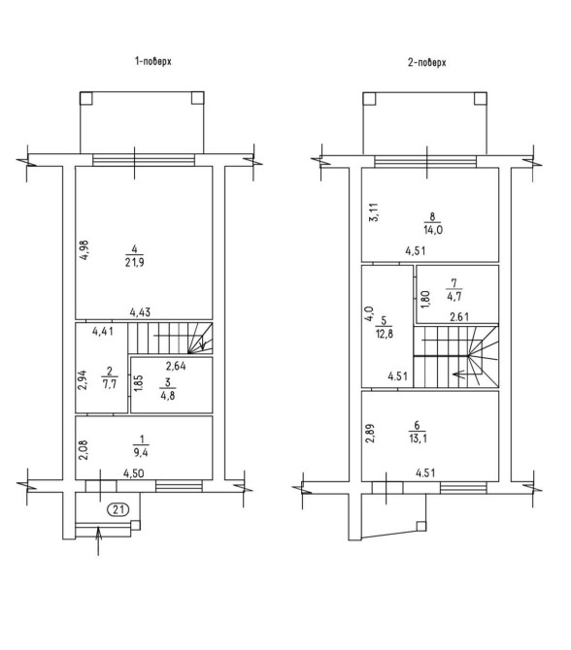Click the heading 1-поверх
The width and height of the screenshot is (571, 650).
click(x=152, y=61)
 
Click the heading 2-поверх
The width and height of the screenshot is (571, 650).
click(x=426, y=63)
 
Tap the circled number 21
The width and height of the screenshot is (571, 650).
click(x=118, y=509)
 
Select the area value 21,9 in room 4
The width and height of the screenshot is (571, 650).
click(x=135, y=262)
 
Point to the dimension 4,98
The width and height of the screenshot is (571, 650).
click(x=84, y=250)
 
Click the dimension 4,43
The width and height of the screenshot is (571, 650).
click(x=140, y=311)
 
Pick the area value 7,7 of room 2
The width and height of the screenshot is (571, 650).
click(x=109, y=384)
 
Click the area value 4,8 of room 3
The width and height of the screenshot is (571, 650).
click(x=168, y=395)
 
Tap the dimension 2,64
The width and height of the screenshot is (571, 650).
click(x=176, y=366)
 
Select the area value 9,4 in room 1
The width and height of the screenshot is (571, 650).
click(x=141, y=452)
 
